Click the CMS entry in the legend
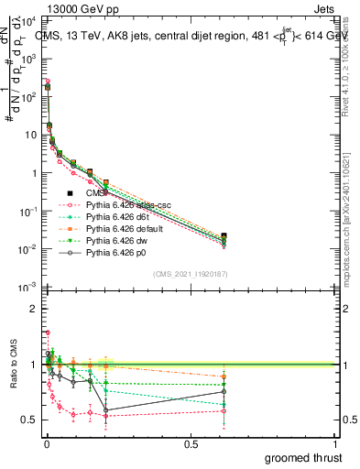coord(95,192)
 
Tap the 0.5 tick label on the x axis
coord(191,442)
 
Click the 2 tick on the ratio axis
coord(35,309)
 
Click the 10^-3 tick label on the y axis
coord(27,288)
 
